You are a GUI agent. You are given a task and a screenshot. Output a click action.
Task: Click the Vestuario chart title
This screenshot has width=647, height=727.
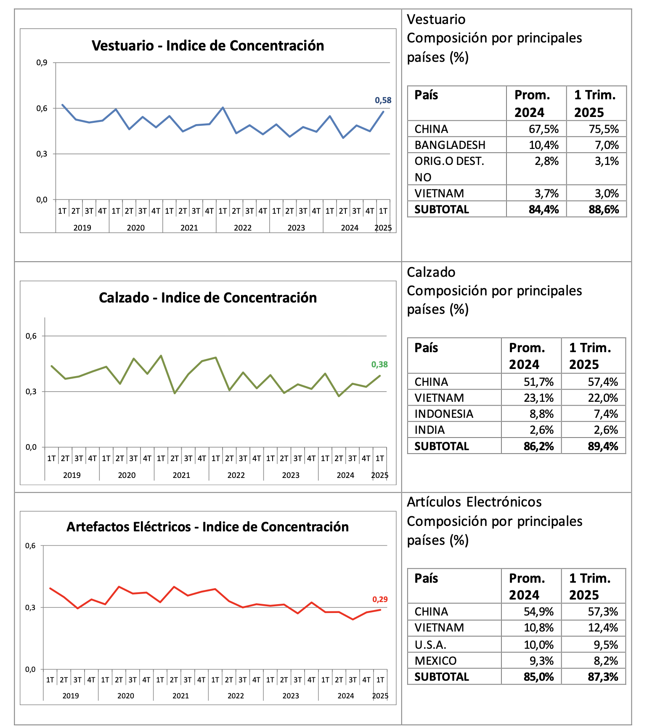pos(208,45)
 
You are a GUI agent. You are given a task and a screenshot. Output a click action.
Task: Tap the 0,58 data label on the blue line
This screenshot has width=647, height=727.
pos(383,100)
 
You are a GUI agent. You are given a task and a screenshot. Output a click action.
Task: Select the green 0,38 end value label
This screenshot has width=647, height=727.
pos(379,364)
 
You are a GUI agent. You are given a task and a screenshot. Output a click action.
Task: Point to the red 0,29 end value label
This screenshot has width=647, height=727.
pos(380,599)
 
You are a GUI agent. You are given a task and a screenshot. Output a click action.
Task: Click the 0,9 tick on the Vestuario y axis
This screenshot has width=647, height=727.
pos(42,63)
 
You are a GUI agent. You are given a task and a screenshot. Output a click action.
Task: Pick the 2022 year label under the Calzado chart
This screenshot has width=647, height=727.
pos(236,475)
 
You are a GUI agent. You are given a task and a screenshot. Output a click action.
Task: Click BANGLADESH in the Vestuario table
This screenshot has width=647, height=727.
pos(450,145)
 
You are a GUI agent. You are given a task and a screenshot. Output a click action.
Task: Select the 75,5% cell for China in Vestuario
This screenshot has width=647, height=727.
pos(604,129)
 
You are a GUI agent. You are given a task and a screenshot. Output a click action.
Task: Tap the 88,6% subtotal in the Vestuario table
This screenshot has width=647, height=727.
pos(604,210)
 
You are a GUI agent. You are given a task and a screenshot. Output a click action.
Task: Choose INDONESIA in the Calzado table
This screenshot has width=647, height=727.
pos(444,414)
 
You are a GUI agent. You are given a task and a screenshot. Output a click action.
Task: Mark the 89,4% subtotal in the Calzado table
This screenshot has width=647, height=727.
pos(603,446)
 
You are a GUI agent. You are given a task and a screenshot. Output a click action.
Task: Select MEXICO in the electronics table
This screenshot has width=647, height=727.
pos(435,661)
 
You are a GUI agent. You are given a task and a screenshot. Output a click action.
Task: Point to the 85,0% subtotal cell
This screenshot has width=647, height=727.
pos(539,677)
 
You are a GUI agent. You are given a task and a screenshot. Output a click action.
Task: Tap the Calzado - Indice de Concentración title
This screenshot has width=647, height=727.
pos(208,297)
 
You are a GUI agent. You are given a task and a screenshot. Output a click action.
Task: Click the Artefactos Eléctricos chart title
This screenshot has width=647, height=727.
pos(208,527)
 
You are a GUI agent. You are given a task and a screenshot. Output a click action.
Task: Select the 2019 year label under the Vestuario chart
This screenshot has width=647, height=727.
pos(82,228)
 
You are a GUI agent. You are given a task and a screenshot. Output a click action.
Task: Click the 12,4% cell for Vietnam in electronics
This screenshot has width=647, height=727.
pos(603,628)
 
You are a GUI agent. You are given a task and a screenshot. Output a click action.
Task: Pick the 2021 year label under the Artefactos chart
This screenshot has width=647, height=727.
pos(181,695)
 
